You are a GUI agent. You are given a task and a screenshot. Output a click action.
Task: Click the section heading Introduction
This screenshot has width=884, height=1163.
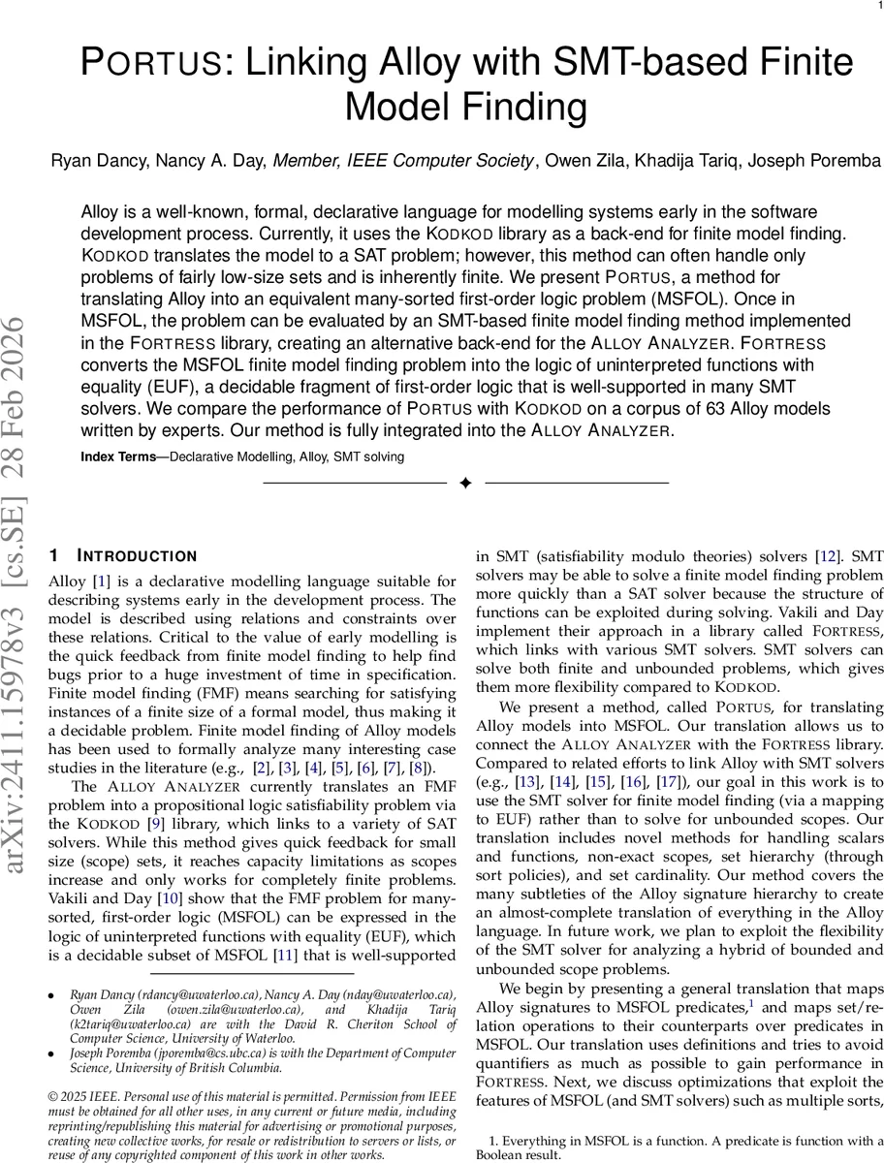(x=135, y=556)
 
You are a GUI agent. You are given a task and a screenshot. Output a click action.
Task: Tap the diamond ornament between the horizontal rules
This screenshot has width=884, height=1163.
(x=465, y=483)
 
